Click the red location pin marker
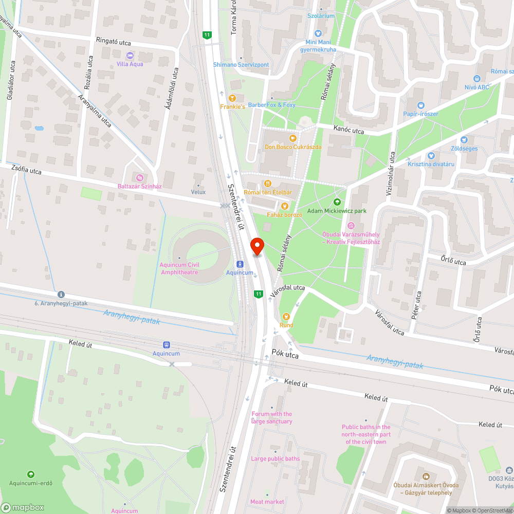(256, 246)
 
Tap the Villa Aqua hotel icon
(130, 55)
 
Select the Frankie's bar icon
(232, 98)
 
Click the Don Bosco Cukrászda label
(292, 146)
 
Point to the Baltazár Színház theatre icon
(136, 177)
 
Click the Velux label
(198, 192)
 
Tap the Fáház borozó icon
(284, 206)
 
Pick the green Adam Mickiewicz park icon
(337, 202)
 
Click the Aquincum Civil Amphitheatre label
(179, 268)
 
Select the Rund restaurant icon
(286, 316)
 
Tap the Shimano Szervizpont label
(241, 65)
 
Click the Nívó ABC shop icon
(476, 79)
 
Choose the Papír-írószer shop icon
(421, 104)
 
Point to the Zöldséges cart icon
(465, 140)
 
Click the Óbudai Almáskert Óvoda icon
(426, 476)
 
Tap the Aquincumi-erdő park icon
(30, 474)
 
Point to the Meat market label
(267, 502)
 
